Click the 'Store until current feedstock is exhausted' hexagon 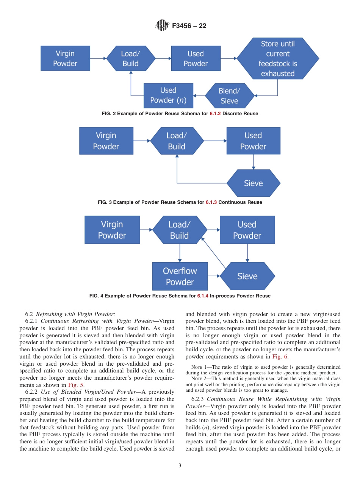coord(277,59)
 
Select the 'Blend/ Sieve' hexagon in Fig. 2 coord(229,96)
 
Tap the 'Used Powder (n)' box coord(168,95)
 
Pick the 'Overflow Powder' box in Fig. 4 coord(180,277)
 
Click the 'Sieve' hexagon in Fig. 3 coord(253,183)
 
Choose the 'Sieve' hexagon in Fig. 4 coord(247,277)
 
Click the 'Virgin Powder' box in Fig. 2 coord(65,59)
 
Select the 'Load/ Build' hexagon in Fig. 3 coord(176,141)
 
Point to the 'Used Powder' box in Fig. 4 coord(247,230)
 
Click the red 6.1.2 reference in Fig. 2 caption coord(215,114)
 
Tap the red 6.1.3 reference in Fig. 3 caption coord(211,202)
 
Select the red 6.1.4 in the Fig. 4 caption coord(203,296)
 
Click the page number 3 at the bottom coord(180,466)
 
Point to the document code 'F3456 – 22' coord(189,26)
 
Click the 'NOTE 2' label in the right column coord(196,379)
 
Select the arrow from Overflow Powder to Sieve coord(214,277)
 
